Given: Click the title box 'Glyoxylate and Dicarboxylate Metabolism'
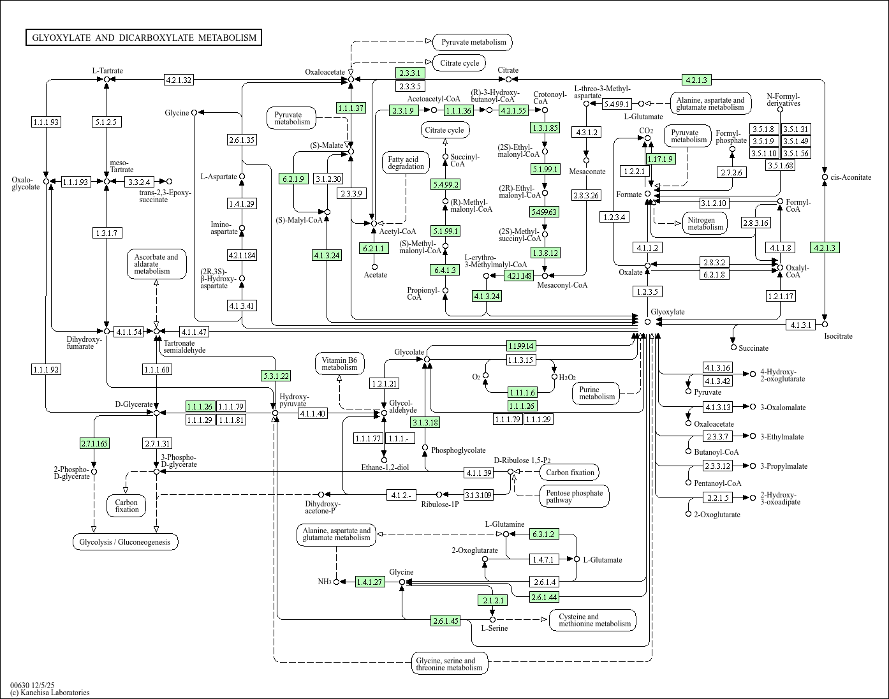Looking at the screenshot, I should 143,38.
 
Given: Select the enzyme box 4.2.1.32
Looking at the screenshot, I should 179,80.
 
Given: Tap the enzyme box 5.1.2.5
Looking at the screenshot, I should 106,121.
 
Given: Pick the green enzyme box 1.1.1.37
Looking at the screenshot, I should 351,108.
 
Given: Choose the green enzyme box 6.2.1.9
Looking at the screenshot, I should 293,179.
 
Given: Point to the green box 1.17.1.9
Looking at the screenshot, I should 659,159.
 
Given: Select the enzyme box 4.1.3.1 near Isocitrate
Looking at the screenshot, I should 801,325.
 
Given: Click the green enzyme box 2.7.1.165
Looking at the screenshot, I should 94,443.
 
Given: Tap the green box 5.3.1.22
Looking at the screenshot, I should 276,376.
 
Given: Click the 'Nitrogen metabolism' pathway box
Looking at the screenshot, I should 705,223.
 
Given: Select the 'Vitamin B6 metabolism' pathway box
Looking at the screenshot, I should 339,364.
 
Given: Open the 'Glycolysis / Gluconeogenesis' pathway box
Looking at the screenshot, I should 125,542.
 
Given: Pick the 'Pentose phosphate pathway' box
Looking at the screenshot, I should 574,496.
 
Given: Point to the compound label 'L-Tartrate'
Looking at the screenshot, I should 107,71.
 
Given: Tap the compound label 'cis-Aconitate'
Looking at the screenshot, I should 851,177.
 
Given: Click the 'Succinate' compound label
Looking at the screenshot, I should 754,348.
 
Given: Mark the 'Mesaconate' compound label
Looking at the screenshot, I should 587,172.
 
